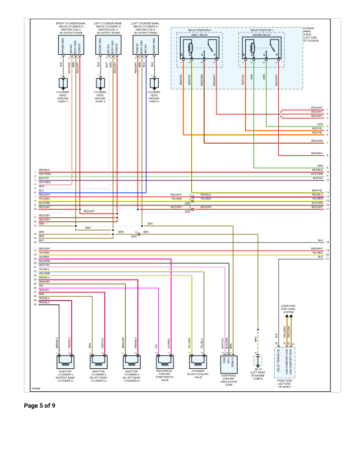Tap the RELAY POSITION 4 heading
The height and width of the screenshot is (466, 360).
click(x=199, y=29)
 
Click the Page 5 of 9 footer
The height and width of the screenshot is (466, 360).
click(x=39, y=405)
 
